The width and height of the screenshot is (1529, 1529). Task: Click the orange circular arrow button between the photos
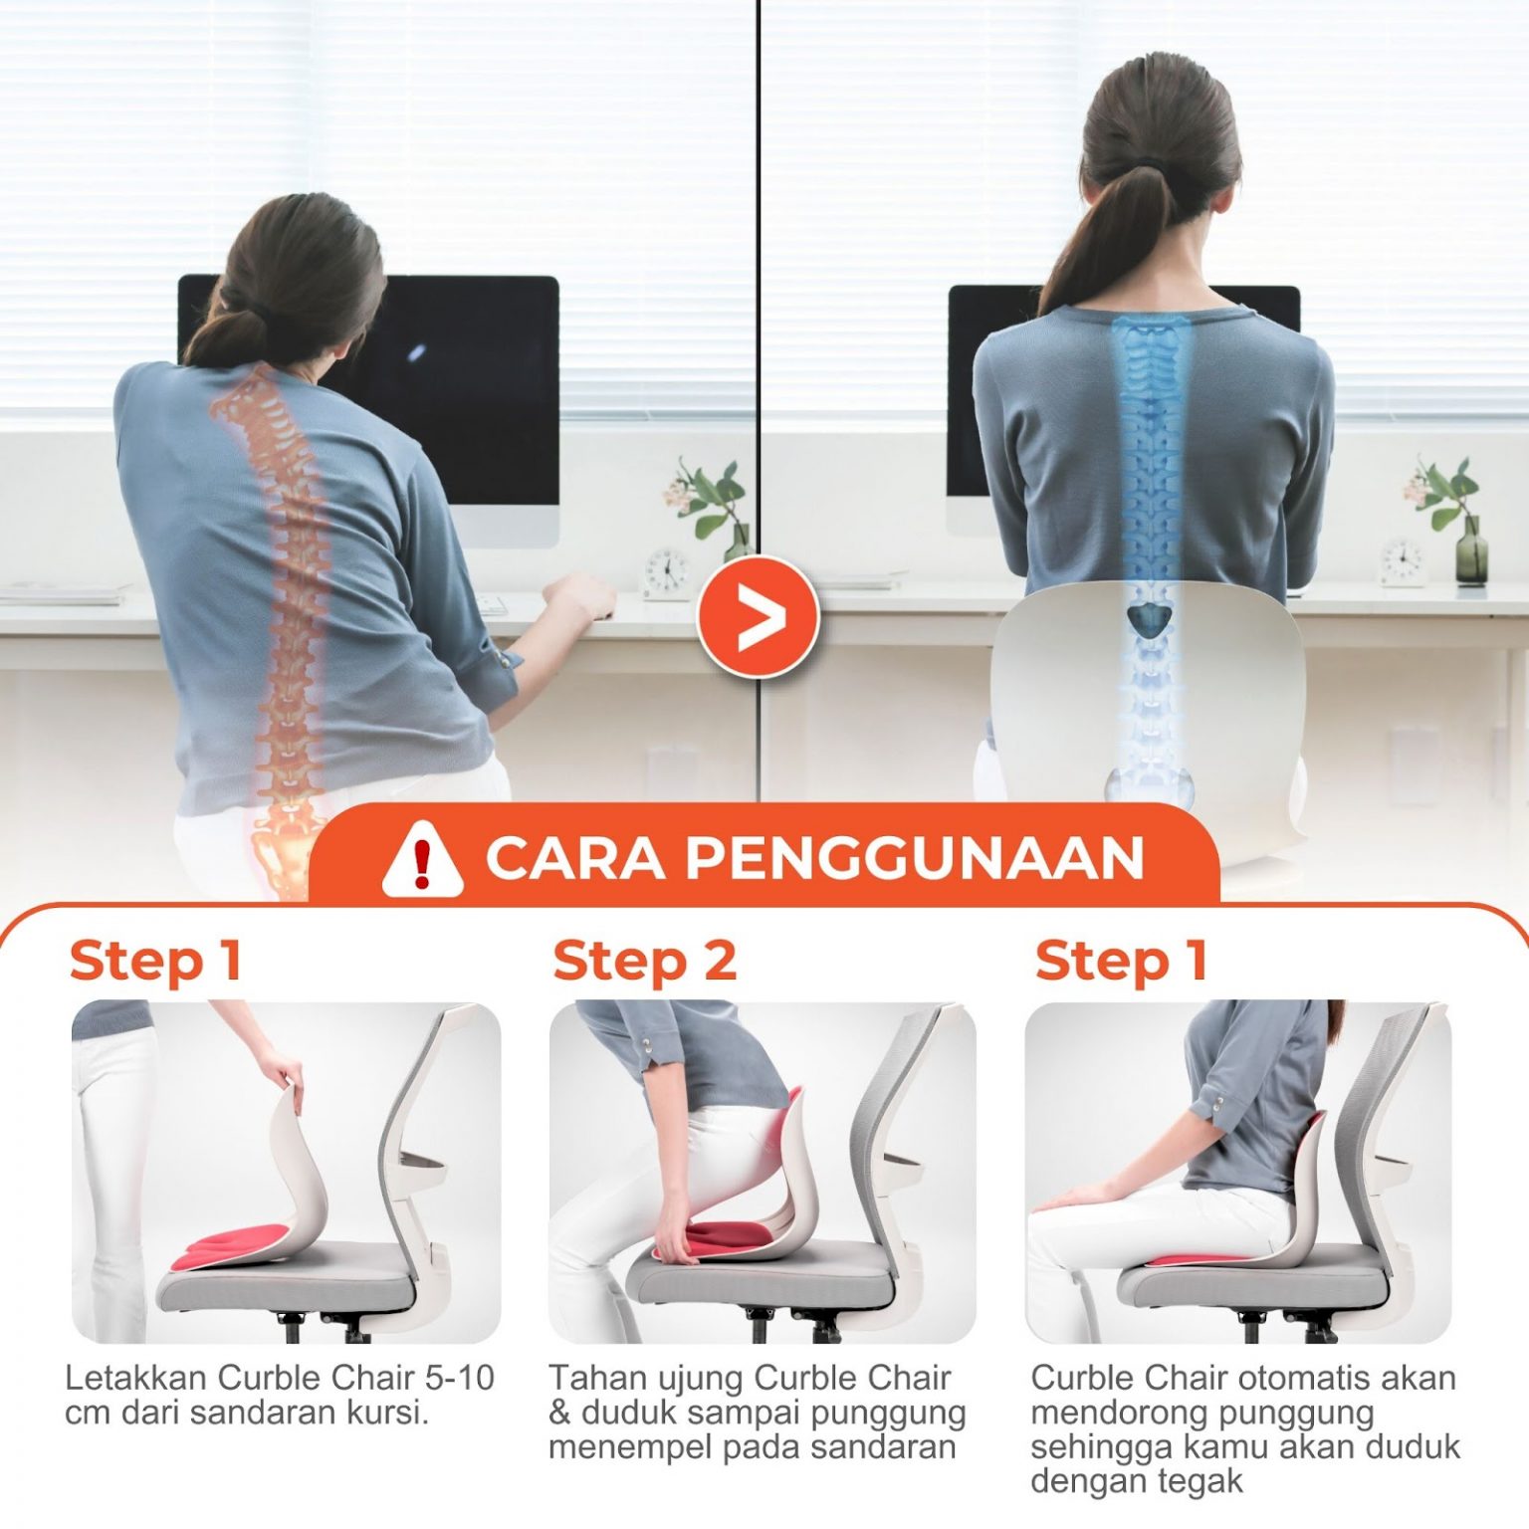click(x=759, y=617)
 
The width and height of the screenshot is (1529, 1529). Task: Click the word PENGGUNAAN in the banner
click(x=915, y=858)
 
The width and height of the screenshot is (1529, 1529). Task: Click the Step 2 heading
click(x=644, y=962)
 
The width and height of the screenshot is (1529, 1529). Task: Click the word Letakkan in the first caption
click(x=136, y=1378)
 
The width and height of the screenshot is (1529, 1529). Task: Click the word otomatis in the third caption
click(x=1292, y=1378)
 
